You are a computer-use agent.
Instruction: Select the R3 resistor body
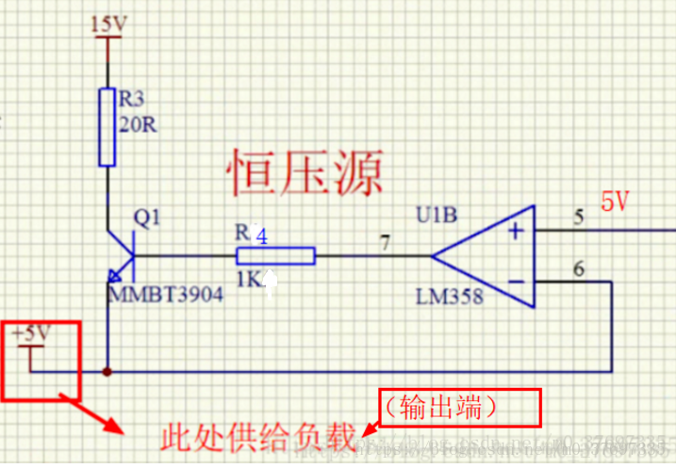(108, 126)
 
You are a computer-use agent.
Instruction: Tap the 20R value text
(138, 125)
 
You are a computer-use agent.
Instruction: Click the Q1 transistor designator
(148, 218)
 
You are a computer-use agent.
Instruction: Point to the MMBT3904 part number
(166, 295)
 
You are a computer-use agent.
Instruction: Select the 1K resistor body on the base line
(275, 255)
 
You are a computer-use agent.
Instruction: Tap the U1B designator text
(438, 216)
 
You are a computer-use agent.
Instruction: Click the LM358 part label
(449, 297)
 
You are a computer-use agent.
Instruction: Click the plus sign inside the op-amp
(516, 231)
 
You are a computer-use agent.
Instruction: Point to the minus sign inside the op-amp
(516, 280)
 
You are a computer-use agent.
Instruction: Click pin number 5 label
(578, 217)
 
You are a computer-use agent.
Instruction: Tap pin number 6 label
(578, 267)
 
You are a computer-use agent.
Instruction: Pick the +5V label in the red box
(30, 333)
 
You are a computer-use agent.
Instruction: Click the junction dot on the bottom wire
(108, 371)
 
